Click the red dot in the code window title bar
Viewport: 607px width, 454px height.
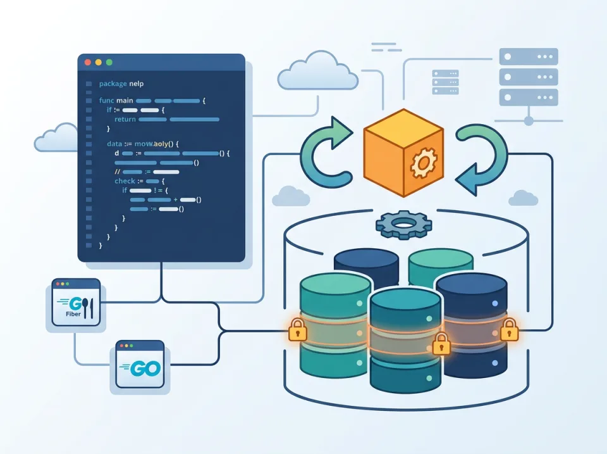87,62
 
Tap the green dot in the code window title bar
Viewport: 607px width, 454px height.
109,62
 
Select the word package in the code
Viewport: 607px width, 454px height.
113,84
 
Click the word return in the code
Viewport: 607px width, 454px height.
125,119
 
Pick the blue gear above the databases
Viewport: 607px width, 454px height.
403,224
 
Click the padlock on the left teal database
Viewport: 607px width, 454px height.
297,330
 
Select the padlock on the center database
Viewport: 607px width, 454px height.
441,344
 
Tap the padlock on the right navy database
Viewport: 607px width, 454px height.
508,330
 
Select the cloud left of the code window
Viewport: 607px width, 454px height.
56,137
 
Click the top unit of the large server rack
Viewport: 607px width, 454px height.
529,56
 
